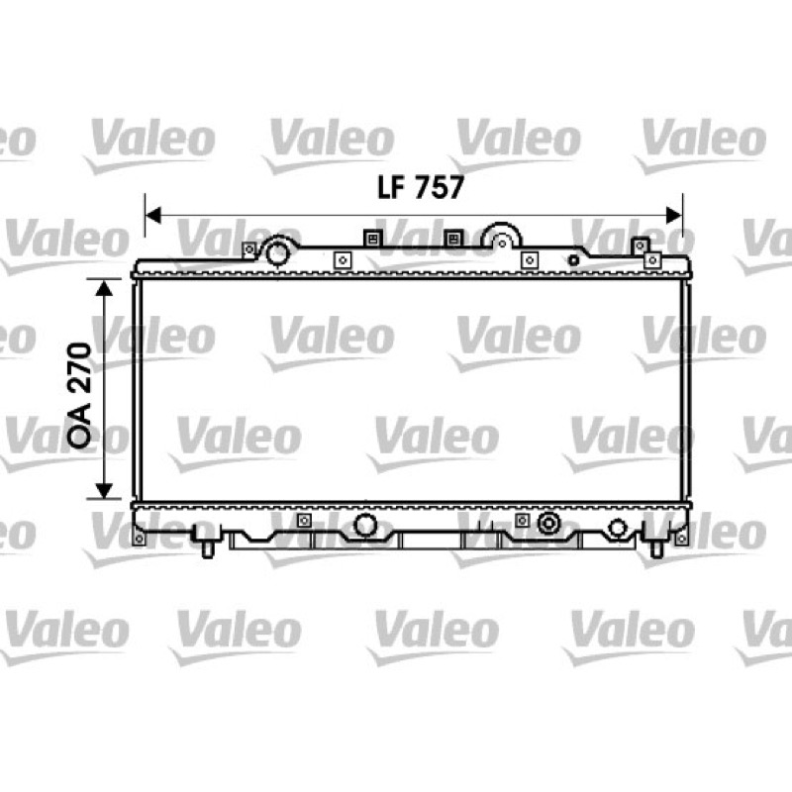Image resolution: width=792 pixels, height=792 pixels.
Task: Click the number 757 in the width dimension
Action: [x=439, y=187]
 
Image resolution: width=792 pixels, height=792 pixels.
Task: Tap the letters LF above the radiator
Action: [x=391, y=187]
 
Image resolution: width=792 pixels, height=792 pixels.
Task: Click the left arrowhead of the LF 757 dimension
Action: [x=153, y=215]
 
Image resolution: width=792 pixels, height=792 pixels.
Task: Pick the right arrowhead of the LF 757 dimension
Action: [x=674, y=215]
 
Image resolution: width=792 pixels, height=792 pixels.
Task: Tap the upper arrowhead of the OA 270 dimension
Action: [x=104, y=288]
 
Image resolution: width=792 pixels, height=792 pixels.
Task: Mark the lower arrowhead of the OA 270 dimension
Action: [x=104, y=490]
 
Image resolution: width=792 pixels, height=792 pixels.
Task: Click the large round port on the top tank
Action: [x=277, y=252]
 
